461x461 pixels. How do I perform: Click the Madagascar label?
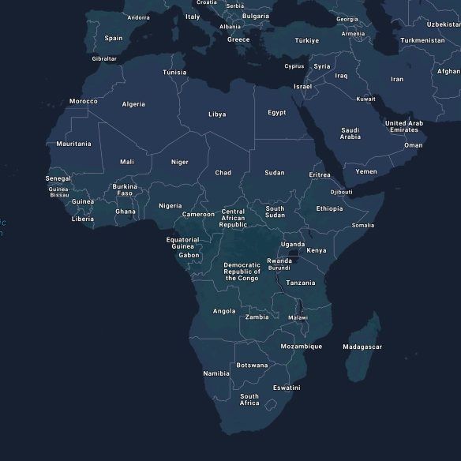362,347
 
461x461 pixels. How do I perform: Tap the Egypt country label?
276,113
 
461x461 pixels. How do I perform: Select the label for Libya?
217,114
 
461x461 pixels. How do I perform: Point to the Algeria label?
133,104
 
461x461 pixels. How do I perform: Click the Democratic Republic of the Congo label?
242,272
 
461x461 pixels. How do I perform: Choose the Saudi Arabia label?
350,133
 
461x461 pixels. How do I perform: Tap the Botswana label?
252,365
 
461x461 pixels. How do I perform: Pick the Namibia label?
216,373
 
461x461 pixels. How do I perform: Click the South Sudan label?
275,212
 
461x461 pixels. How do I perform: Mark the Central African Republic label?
233,218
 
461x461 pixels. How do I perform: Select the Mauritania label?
73,144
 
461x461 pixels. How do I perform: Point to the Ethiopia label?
329,209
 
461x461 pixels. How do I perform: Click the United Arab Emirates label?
403,126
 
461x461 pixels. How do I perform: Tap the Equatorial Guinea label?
182,243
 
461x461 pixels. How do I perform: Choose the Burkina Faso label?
125,190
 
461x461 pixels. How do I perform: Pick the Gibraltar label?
104,58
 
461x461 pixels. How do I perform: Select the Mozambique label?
301,347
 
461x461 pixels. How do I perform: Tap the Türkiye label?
307,40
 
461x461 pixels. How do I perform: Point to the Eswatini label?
287,388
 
